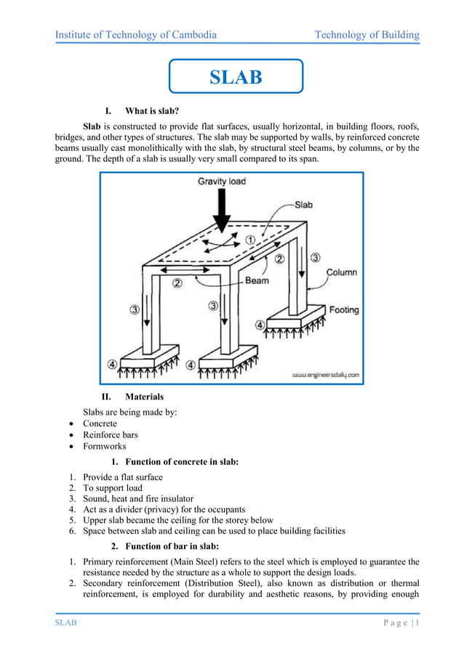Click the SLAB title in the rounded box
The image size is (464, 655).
coord(236,78)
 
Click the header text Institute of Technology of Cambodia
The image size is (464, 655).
coord(136,35)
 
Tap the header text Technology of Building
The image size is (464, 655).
coord(367,35)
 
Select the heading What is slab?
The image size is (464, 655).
coord(152,111)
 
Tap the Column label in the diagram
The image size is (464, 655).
coord(341,272)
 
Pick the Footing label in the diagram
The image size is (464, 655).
coord(344,309)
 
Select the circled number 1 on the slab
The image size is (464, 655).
coord(249,239)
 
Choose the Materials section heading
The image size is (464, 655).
coord(144,397)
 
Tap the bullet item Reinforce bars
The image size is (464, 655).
coord(110,435)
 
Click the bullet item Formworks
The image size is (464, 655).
coord(104,447)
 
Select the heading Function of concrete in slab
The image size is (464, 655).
coord(182,462)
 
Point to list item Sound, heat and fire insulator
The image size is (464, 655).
coord(138,499)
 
